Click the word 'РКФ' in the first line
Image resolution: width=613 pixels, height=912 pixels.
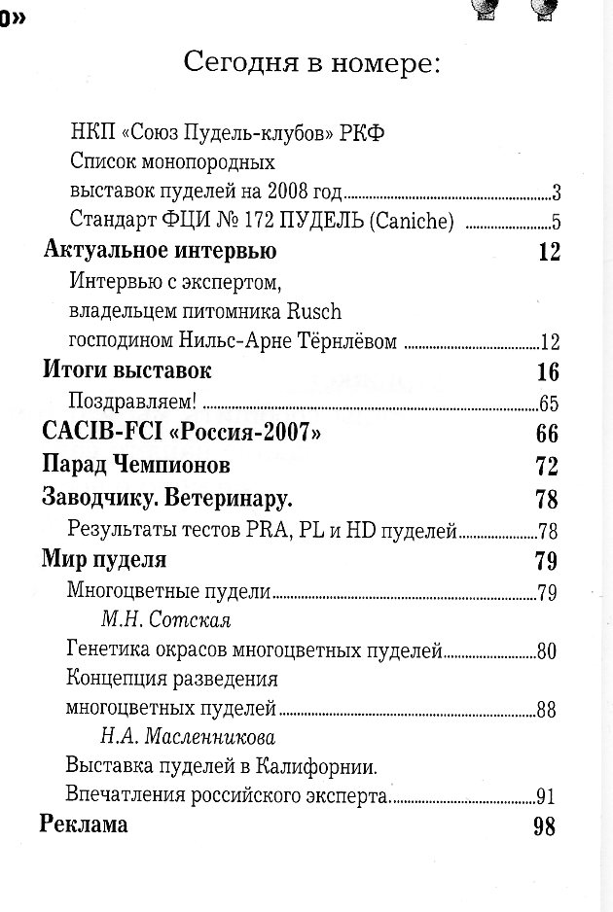pos(363,133)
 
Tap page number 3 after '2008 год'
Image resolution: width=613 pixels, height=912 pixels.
pos(557,191)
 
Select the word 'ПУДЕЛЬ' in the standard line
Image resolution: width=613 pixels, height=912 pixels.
pos(316,220)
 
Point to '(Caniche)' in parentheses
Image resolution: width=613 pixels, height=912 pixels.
pos(411,220)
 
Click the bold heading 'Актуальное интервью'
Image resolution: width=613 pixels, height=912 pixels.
pos(161,251)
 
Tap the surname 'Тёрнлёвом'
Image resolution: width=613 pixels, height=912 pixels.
pos(349,341)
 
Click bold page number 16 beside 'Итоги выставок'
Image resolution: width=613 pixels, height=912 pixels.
pos(548,371)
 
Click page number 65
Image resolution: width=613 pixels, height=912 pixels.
pos(547,403)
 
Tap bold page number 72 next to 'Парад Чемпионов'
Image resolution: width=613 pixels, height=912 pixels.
pos(547,465)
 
